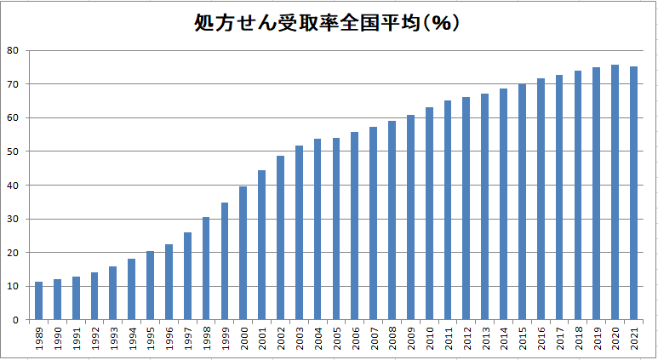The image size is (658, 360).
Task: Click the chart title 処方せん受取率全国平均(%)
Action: point(328,22)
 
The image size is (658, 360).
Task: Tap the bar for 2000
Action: point(243,253)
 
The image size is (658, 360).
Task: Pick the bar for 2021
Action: point(634,193)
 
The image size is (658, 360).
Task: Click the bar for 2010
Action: point(429,214)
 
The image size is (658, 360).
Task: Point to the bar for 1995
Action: point(150,285)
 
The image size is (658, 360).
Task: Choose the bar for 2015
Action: point(523,202)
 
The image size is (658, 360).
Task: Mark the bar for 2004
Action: point(318,229)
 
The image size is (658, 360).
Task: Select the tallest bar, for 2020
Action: point(615,192)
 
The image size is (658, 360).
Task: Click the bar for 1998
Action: point(206,268)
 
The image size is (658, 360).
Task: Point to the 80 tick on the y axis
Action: point(13,50)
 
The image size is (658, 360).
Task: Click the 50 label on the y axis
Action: point(13,151)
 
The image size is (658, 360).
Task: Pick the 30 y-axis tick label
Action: point(13,219)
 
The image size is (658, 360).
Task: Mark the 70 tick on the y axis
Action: point(13,84)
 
